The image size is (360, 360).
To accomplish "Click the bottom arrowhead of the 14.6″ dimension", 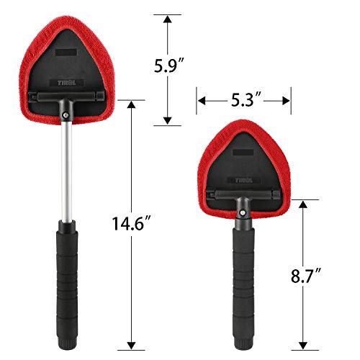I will tap(131, 345).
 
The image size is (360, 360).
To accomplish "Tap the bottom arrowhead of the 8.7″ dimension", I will tap(301, 345).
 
